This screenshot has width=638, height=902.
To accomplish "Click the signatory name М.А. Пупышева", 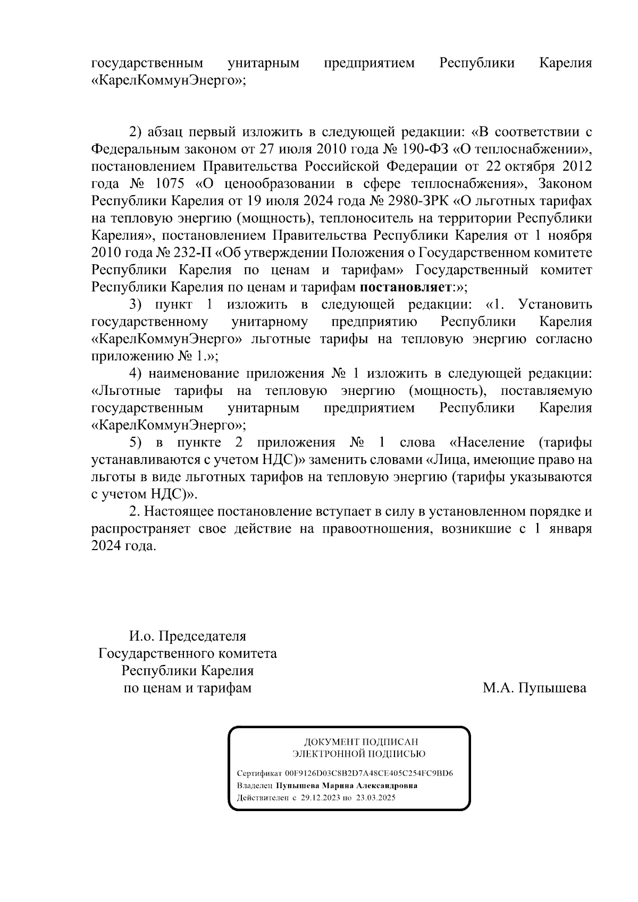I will click(534, 688).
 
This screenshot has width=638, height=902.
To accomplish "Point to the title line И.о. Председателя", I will click(188, 636).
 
